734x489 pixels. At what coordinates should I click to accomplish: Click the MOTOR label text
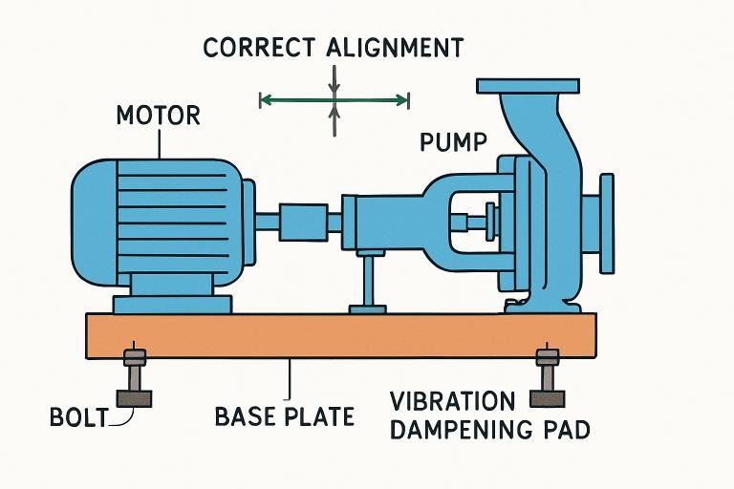click(158, 117)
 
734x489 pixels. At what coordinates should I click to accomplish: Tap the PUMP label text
click(454, 143)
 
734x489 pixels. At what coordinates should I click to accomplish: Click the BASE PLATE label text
click(284, 416)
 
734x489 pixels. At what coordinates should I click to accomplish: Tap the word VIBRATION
click(453, 400)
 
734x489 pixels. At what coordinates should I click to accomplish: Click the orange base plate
click(342, 333)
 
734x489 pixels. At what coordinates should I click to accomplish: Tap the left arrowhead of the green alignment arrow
click(265, 97)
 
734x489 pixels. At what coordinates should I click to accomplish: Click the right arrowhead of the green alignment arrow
click(404, 97)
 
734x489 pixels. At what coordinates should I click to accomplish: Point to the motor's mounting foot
click(172, 304)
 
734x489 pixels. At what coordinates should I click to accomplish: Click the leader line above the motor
click(161, 142)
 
